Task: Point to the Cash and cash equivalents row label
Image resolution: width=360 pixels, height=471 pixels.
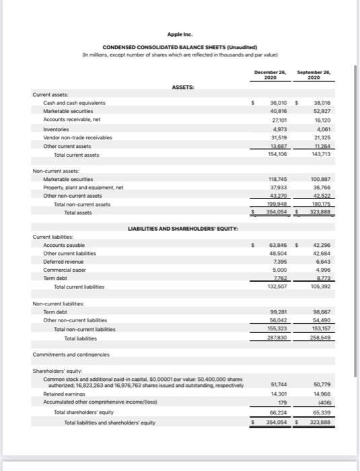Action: (x=75, y=103)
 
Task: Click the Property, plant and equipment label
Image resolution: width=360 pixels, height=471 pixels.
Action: (x=84, y=188)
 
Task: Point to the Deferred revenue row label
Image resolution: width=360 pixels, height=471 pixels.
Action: (x=66, y=261)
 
